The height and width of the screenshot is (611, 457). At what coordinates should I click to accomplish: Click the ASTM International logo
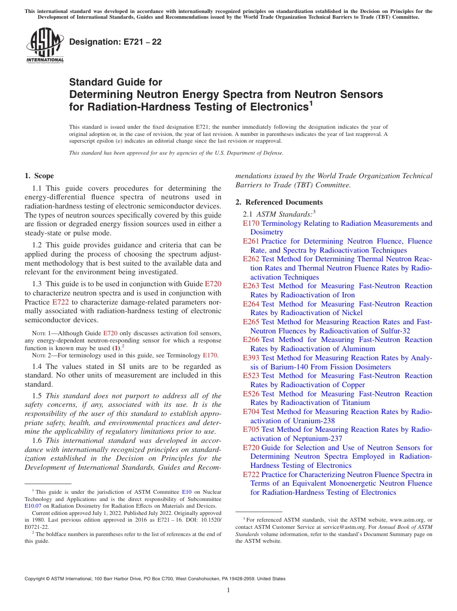point(45,46)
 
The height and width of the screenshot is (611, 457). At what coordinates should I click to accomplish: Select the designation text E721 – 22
point(115,42)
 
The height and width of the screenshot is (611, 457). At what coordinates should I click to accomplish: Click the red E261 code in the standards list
point(251,241)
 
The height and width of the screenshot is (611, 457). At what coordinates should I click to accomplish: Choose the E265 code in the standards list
point(251,322)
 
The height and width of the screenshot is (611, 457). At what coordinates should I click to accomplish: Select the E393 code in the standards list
point(251,358)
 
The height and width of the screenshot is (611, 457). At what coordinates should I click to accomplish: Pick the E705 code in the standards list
point(251,429)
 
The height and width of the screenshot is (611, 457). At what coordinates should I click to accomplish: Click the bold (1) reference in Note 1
point(116,348)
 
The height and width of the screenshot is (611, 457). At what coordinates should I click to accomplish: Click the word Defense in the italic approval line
point(272,153)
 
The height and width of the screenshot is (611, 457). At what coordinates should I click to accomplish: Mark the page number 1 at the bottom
point(228,590)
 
